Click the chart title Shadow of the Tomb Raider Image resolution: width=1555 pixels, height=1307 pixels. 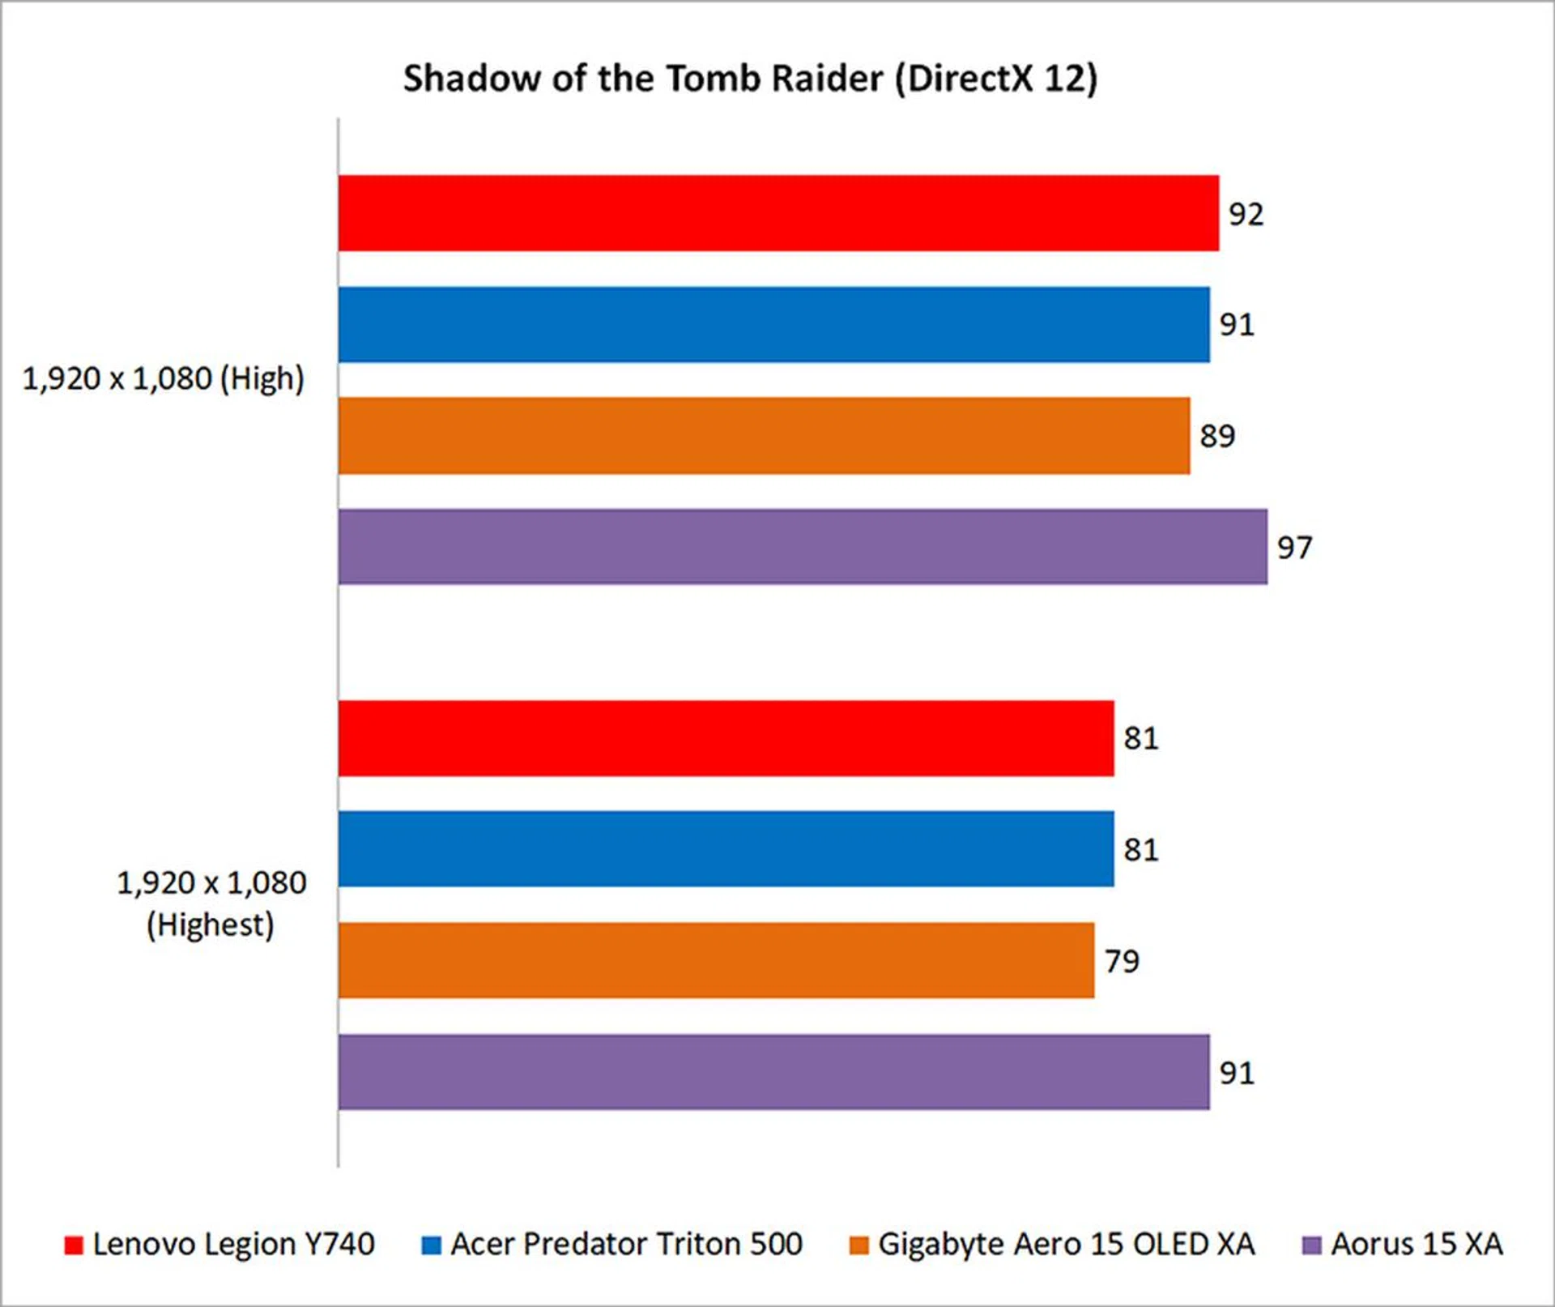749,79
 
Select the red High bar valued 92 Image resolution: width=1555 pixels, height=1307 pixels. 777,213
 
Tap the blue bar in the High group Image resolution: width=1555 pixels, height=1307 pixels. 773,324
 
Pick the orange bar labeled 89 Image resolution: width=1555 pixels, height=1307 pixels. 764,435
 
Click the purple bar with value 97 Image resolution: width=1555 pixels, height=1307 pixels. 802,547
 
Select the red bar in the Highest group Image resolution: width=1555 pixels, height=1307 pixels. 726,738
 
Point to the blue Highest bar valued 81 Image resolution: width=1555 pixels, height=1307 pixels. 726,849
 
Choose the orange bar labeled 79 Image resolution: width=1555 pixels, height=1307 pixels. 716,960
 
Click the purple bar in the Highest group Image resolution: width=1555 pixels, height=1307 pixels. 773,1072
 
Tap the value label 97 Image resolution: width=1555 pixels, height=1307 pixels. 1294,548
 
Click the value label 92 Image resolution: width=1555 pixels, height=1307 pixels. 1246,214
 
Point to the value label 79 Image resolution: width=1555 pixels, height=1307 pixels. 1122,961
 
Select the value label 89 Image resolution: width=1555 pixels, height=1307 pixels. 1216,436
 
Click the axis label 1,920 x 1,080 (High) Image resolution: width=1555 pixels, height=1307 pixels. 163,378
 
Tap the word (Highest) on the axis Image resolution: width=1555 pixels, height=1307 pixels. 211,925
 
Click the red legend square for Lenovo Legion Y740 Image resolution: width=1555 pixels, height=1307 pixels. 74,1245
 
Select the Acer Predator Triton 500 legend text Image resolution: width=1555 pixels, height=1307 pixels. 626,1244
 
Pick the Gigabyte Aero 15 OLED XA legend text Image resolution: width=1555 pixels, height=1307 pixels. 1066,1244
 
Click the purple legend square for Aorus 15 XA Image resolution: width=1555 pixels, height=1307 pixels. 1311,1245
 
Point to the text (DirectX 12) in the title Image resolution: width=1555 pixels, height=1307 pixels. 996,79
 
